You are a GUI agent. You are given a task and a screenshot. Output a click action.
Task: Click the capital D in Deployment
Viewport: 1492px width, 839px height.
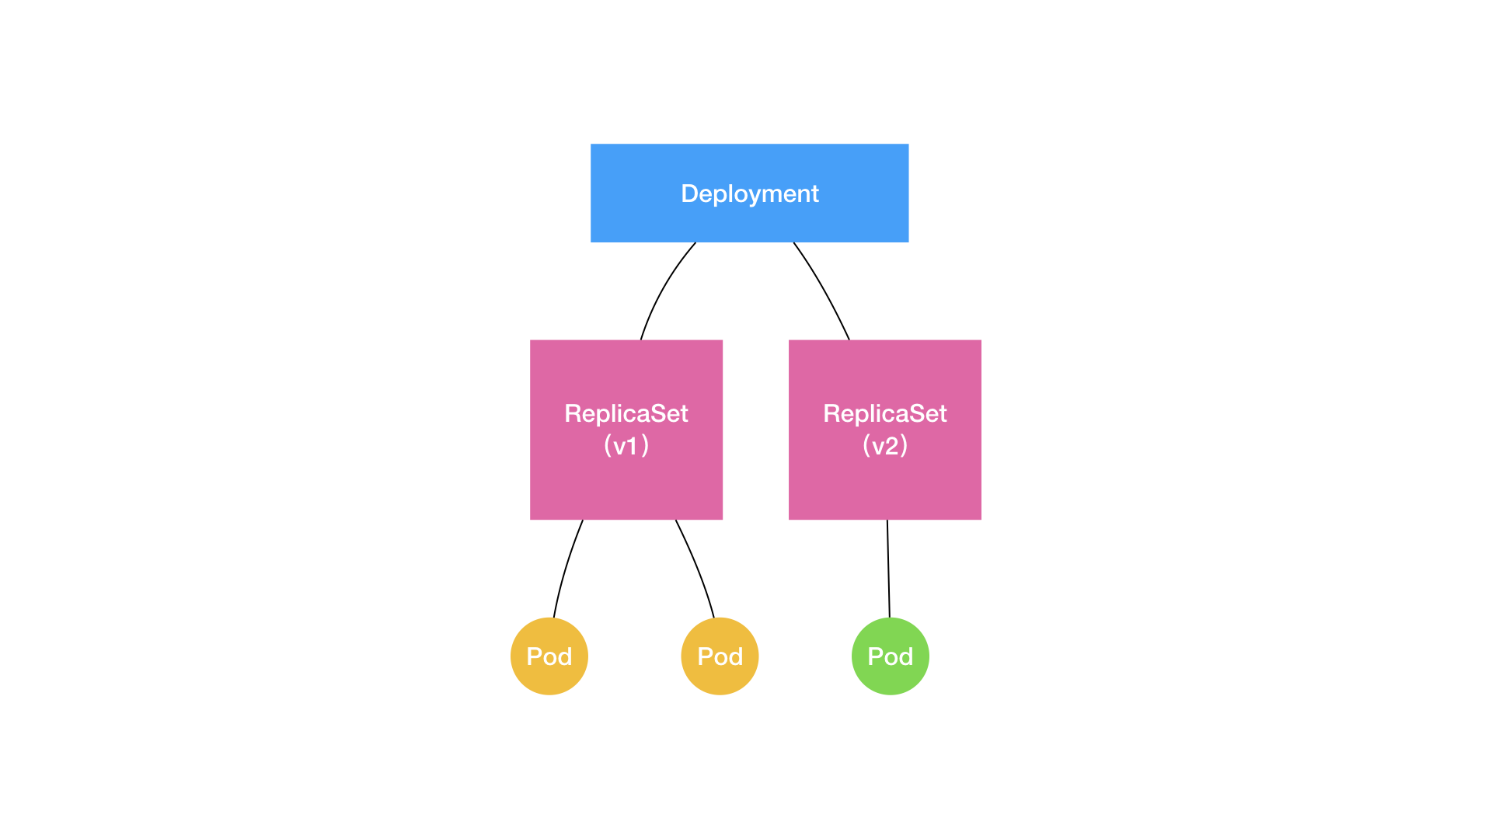coord(689,193)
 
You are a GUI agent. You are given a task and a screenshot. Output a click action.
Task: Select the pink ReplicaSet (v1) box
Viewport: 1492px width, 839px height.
coord(626,482)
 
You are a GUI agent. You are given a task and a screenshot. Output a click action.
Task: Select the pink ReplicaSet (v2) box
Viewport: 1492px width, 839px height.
coord(884,482)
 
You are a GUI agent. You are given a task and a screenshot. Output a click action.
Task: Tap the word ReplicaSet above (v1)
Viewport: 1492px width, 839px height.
coord(626,413)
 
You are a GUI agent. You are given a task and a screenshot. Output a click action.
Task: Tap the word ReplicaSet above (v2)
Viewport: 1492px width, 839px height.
coord(884,413)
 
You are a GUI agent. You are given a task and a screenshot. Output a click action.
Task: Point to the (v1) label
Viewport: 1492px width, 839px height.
coord(626,446)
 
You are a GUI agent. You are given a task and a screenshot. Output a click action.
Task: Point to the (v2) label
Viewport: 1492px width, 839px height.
coord(884,446)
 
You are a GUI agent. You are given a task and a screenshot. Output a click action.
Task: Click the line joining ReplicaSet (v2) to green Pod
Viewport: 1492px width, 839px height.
coord(888,569)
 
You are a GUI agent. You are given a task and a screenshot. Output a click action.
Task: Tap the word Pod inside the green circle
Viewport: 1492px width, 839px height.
coord(891,656)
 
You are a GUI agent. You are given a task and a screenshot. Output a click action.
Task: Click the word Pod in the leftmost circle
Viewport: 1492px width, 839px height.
coord(549,656)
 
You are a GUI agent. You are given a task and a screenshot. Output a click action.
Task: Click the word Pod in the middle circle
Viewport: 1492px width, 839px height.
coord(720,656)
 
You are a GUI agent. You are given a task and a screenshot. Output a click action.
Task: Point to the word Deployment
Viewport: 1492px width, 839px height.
coord(749,193)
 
